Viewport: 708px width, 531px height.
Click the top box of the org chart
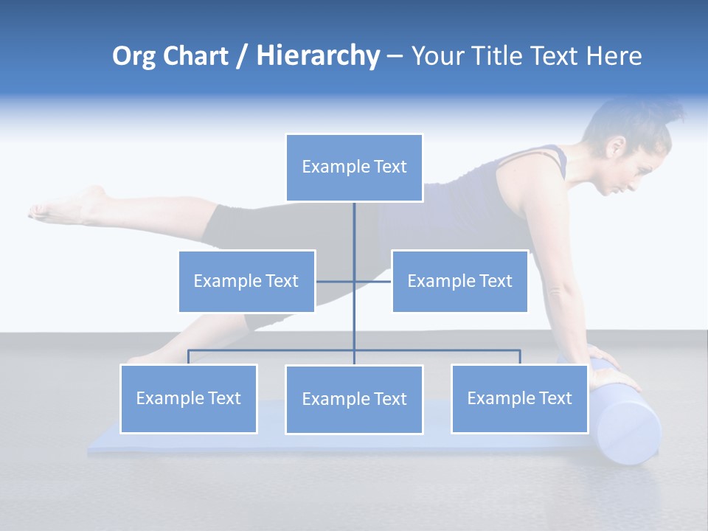point(354,167)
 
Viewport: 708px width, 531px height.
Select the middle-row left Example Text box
point(246,281)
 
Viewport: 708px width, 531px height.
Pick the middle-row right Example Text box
point(459,281)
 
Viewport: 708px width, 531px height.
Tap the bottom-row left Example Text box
point(188,399)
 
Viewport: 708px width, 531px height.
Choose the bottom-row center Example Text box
point(354,400)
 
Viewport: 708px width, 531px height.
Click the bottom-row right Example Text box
point(519,399)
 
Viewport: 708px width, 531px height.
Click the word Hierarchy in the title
point(318,56)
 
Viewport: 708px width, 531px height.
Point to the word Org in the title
point(133,56)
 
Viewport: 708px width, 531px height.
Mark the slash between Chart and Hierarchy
point(242,56)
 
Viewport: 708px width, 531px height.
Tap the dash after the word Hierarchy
point(395,57)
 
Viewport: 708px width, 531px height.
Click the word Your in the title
point(436,56)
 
